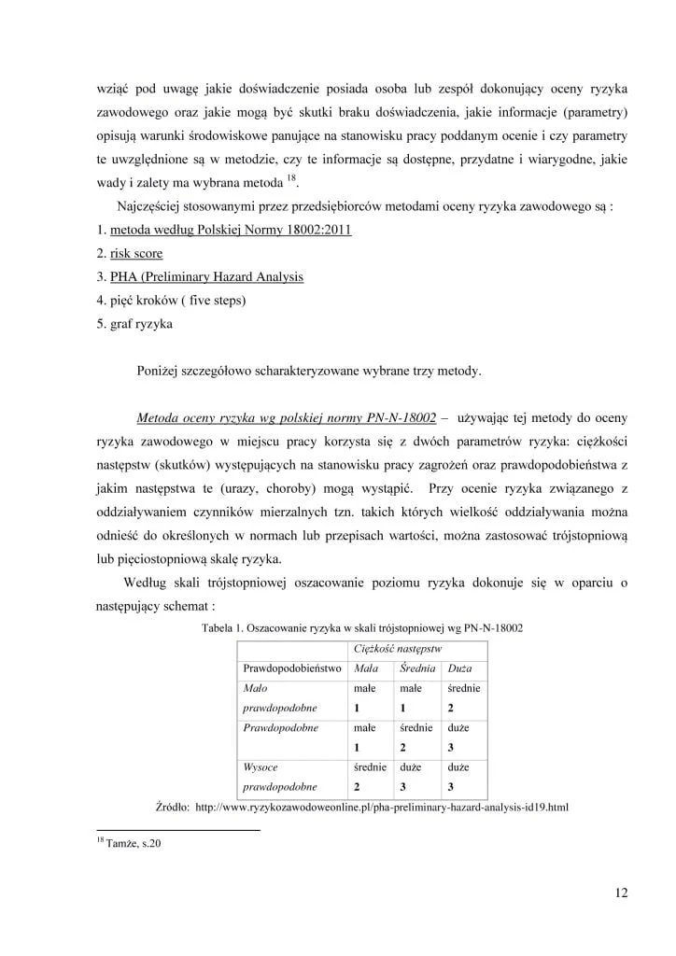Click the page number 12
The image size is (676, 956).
(621, 892)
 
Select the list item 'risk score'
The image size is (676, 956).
(136, 253)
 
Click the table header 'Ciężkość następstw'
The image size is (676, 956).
(398, 648)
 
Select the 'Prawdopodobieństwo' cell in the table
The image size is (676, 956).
(291, 669)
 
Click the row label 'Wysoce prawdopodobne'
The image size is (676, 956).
(279, 776)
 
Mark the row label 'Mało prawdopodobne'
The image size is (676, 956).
(279, 697)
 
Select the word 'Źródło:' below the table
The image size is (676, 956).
(172, 805)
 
